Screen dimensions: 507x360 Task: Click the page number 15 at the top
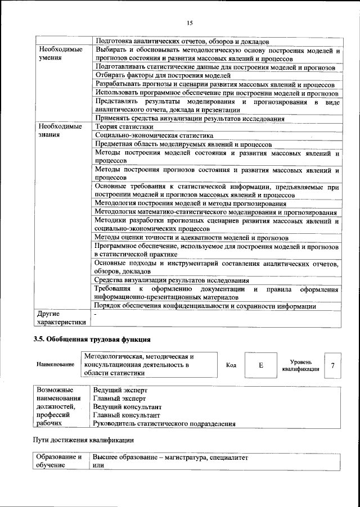tap(190, 22)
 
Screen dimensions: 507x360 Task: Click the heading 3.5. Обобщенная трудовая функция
tap(92, 339)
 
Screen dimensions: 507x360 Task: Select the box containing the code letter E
tap(261, 365)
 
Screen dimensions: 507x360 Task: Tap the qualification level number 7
tap(333, 365)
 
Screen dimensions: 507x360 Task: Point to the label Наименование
tap(55, 365)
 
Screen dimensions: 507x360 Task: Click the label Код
tap(231, 365)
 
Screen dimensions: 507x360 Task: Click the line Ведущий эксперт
tap(120, 390)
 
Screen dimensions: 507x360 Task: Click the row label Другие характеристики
tap(60, 318)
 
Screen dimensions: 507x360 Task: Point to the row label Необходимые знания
tap(60, 131)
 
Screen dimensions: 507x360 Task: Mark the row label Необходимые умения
tap(60, 54)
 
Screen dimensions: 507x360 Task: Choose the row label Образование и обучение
tap(60, 462)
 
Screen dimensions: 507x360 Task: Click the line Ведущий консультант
tap(127, 406)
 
